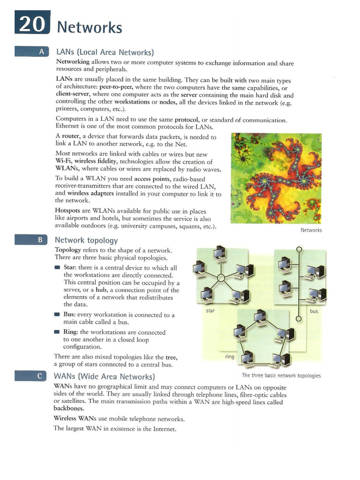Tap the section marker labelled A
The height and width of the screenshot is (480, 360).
(x=31, y=52)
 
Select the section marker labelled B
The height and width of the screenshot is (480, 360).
(x=31, y=240)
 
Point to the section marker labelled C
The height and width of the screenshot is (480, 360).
(x=31, y=376)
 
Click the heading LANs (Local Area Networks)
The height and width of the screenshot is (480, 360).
(x=105, y=52)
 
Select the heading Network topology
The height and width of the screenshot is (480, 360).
(x=86, y=240)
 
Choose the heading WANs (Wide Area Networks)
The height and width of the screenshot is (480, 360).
(x=105, y=376)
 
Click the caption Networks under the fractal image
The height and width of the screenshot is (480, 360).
(x=311, y=230)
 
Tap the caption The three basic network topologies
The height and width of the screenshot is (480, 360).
(x=281, y=375)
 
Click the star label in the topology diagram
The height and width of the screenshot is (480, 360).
(x=210, y=310)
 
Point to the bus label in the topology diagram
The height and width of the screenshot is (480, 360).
(x=314, y=311)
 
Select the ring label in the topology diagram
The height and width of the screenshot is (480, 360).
(x=229, y=357)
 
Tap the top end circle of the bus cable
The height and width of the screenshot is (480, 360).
(x=299, y=249)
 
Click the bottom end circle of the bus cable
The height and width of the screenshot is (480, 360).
(x=299, y=319)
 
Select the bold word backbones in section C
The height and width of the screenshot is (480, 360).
(x=69, y=408)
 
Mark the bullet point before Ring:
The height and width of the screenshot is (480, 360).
(x=57, y=332)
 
